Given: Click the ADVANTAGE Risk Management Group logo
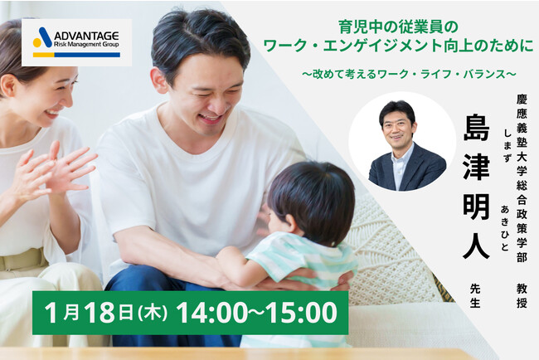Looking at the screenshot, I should point(76,41).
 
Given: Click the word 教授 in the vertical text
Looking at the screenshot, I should point(522,295).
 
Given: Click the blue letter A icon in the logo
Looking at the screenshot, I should point(41,36).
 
